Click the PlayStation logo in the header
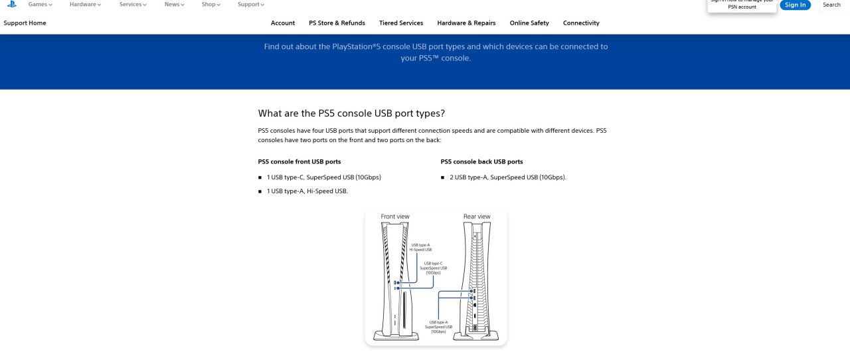12,4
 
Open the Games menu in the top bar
40,5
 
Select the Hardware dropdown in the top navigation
85,5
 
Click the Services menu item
133,5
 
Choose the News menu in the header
175,5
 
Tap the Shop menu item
211,5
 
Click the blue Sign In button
795,5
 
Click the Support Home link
25,23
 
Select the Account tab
283,23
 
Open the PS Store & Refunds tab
337,23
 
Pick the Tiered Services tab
401,23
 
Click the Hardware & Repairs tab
466,23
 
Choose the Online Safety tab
529,23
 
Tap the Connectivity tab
581,23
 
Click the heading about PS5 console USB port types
351,114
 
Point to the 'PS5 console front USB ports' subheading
299,162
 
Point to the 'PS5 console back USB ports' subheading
481,162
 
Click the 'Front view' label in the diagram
395,217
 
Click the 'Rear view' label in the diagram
477,217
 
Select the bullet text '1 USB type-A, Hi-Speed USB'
307,191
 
